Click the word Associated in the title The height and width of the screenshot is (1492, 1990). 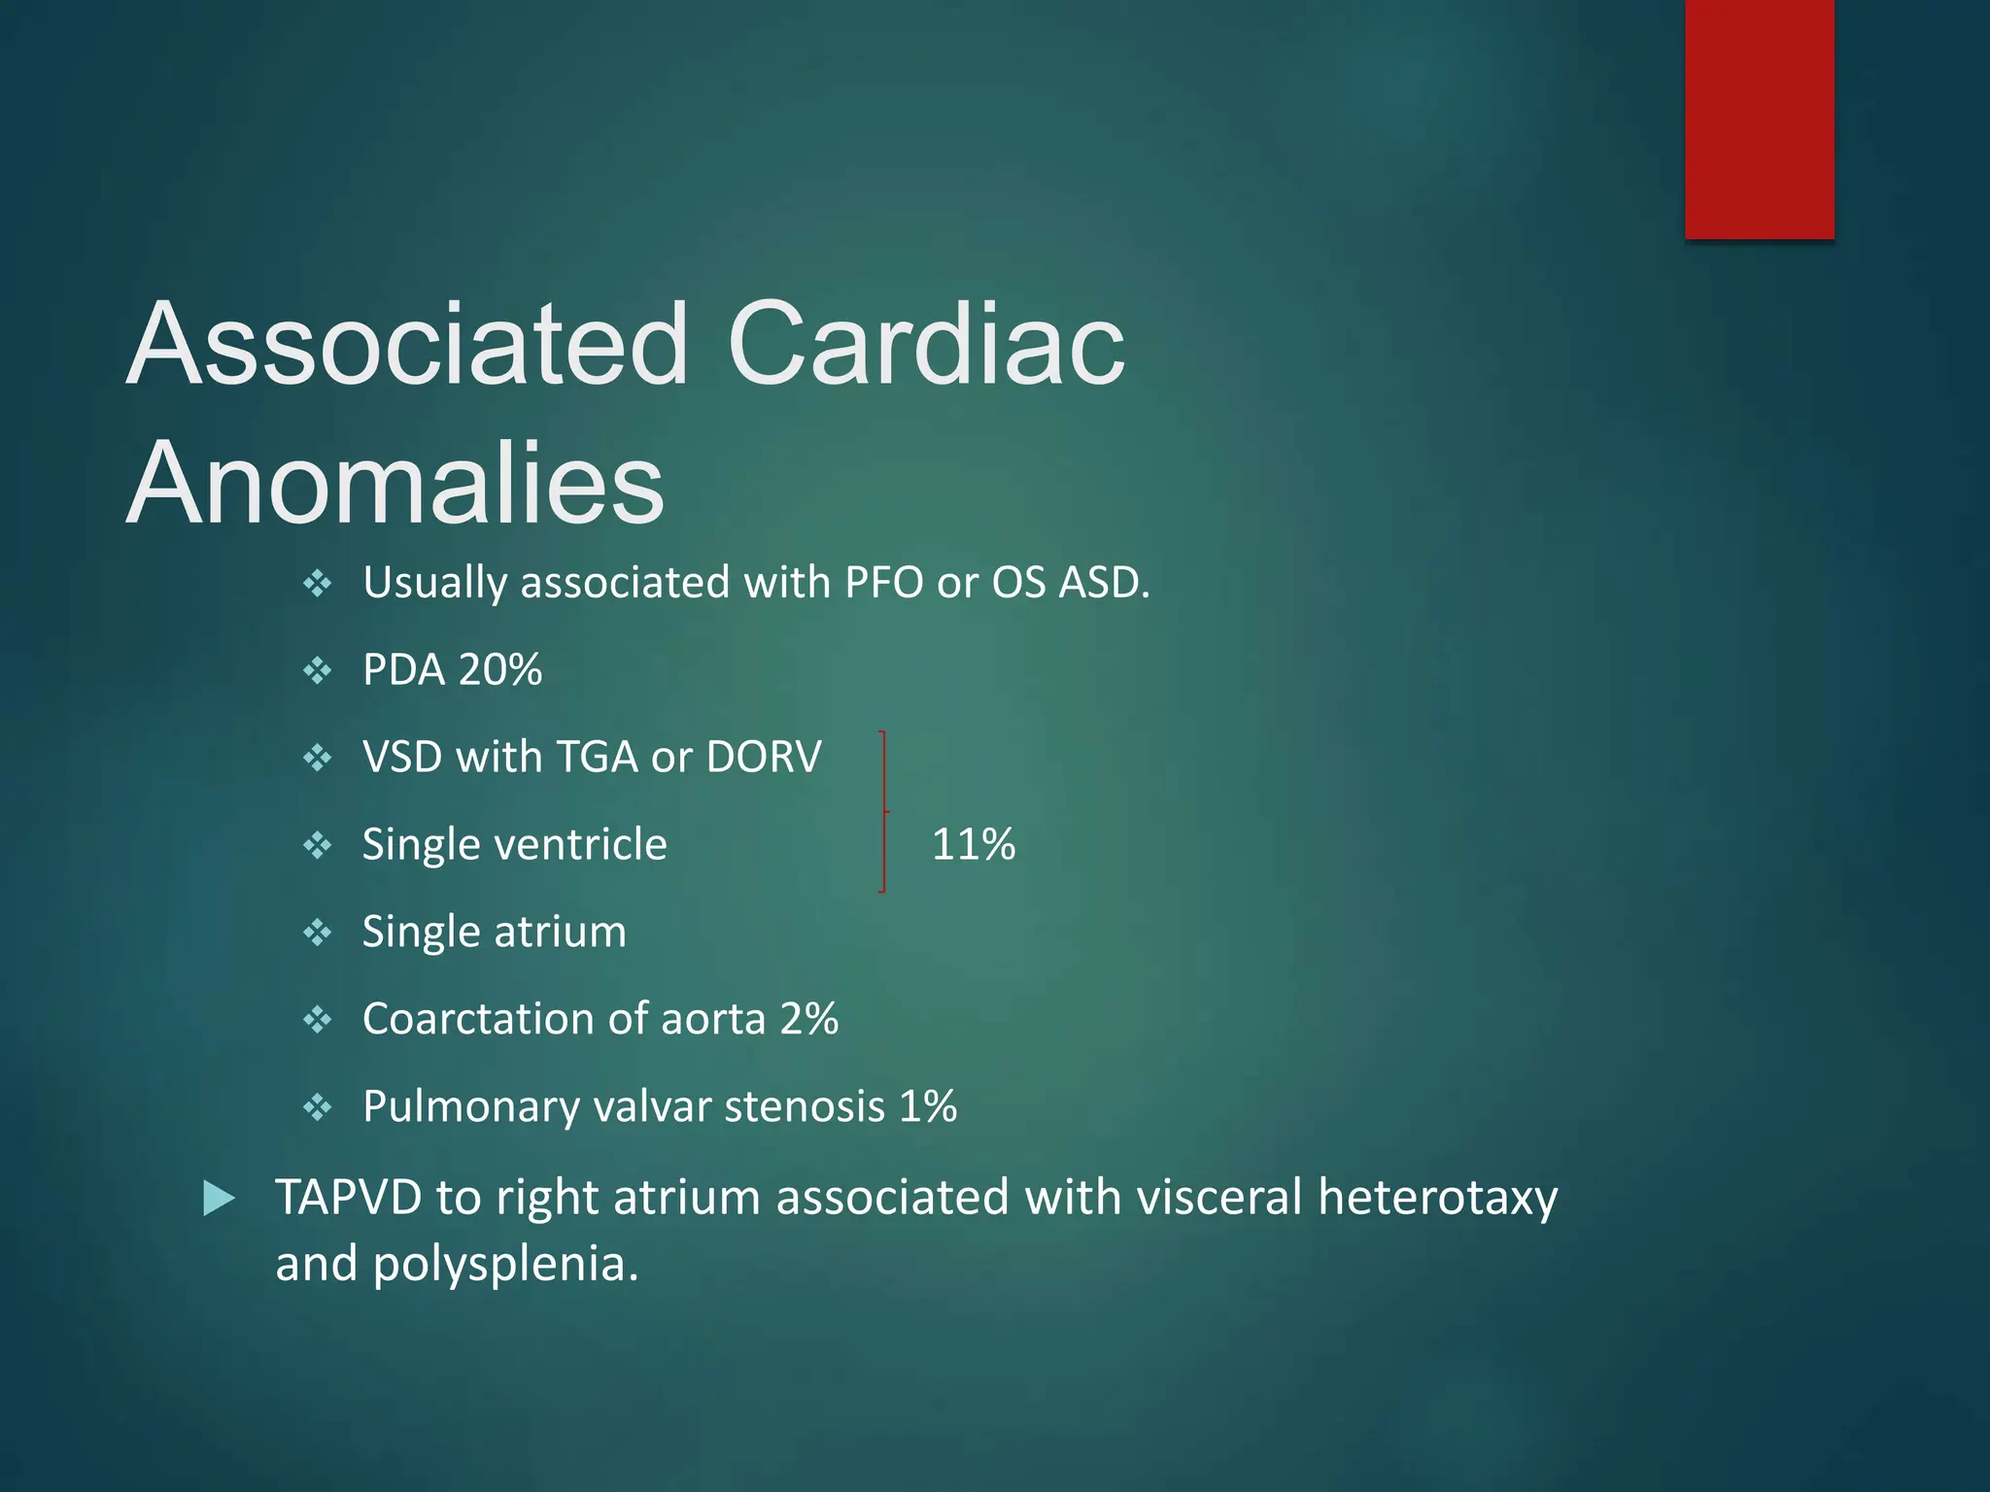point(407,344)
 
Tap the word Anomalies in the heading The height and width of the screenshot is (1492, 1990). point(395,484)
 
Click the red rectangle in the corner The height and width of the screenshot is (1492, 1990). point(1759,119)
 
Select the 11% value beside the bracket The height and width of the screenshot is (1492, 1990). point(973,844)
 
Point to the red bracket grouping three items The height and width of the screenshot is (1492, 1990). point(883,811)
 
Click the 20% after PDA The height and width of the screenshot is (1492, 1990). point(500,670)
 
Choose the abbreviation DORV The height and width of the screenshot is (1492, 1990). point(764,758)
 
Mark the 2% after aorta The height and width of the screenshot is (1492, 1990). point(809,1019)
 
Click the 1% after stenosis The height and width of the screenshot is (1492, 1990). point(928,1106)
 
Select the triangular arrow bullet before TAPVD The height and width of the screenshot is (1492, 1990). point(220,1199)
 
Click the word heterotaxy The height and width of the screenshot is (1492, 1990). point(1437,1197)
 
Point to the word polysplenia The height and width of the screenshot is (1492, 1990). point(505,1264)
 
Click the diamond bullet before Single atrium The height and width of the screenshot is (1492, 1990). point(318,932)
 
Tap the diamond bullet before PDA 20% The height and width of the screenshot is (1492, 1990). point(318,670)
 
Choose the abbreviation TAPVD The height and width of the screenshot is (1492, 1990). point(348,1197)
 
